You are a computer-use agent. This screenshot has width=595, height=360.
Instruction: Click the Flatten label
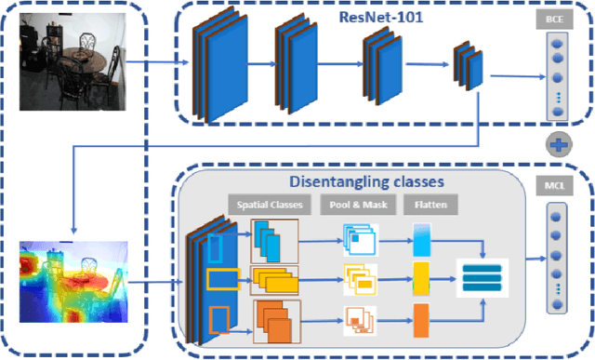click(x=427, y=204)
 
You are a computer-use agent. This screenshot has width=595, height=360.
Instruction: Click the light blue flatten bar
click(x=420, y=242)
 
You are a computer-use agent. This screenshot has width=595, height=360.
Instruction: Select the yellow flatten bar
click(x=420, y=276)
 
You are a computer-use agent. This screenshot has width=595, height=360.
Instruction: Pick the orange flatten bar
click(x=420, y=319)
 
